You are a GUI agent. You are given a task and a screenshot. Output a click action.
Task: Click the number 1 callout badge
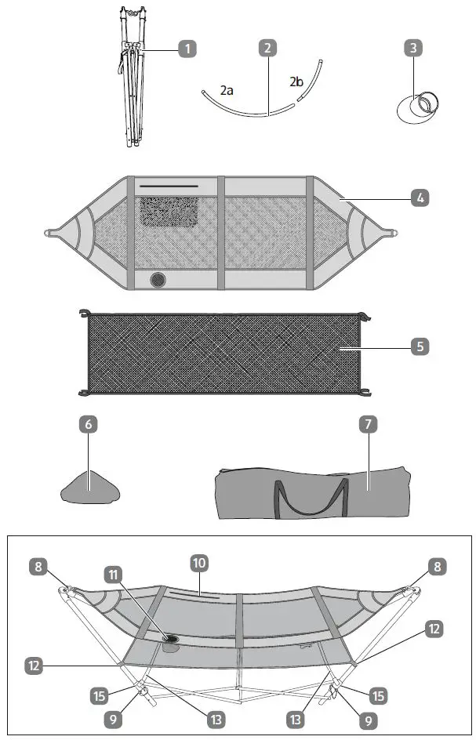tap(187, 49)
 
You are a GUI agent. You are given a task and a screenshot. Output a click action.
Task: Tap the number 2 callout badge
tap(268, 48)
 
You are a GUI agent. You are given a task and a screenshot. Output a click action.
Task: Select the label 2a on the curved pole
tap(227, 91)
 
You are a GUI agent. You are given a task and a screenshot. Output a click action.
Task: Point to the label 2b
tap(296, 82)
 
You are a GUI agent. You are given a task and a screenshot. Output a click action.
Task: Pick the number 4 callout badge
tap(420, 198)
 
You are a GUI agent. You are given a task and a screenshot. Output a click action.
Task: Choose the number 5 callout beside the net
tap(420, 345)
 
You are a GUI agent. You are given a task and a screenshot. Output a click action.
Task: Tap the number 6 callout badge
tap(89, 424)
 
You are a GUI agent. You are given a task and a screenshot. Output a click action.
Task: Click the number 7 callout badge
tap(368, 424)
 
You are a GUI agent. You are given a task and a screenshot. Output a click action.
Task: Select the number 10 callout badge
tap(199, 562)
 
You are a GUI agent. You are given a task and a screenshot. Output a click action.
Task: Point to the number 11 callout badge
tap(114, 574)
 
